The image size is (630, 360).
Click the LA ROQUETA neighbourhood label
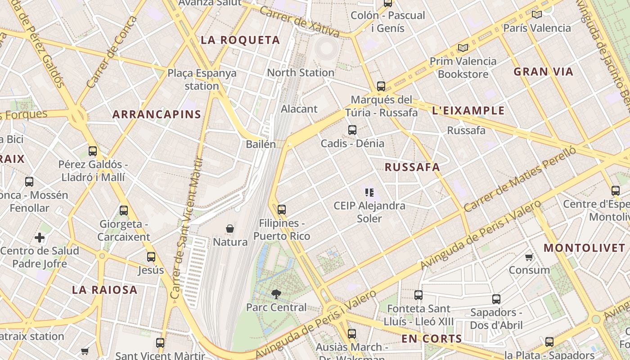[x=240, y=40]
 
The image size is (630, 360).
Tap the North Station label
[x=301, y=72]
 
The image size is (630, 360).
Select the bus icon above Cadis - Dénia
[x=352, y=130]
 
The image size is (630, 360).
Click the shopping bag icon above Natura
[x=230, y=229]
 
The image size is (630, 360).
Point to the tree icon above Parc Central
[x=276, y=294]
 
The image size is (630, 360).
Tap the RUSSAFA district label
[x=412, y=167]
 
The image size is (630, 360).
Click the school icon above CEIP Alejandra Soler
[x=369, y=193]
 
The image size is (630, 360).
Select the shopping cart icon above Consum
[x=529, y=257]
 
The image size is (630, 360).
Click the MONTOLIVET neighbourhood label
[x=584, y=248]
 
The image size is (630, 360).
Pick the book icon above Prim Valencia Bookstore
[x=463, y=48]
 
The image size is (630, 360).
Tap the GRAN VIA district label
[x=544, y=72]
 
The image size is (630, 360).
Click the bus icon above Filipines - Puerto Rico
[x=282, y=209]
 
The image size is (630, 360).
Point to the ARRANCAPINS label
[x=157, y=114]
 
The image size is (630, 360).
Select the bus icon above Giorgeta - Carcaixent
[x=124, y=210]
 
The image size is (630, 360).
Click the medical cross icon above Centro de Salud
[x=40, y=238]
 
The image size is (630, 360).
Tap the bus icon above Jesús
[x=151, y=257]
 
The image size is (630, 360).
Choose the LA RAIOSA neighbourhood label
[x=105, y=290]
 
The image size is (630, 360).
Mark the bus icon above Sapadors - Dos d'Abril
[x=496, y=299]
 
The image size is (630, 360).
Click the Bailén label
[x=261, y=144]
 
